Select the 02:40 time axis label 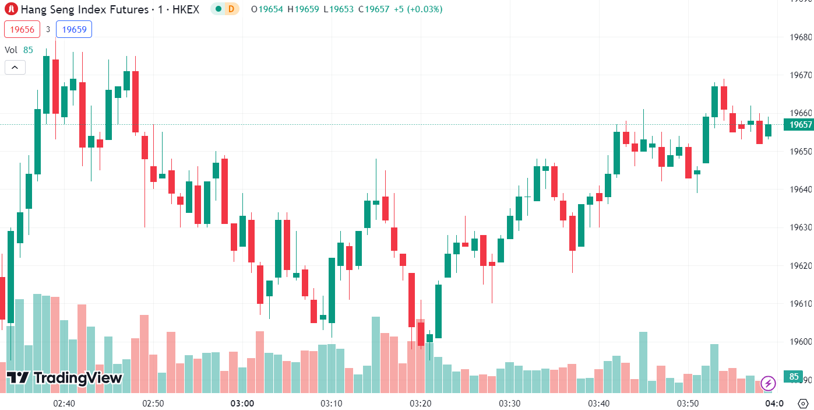point(64,404)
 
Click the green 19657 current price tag point(799,125)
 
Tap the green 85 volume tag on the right point(794,377)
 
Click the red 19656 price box point(22,29)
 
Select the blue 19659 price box point(74,29)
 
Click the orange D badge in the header point(231,9)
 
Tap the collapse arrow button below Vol point(15,68)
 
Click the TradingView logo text point(65,378)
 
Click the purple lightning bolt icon point(768,383)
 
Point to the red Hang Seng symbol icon point(11,9)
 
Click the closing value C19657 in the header point(373,9)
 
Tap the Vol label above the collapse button point(11,50)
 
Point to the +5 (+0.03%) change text point(418,9)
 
